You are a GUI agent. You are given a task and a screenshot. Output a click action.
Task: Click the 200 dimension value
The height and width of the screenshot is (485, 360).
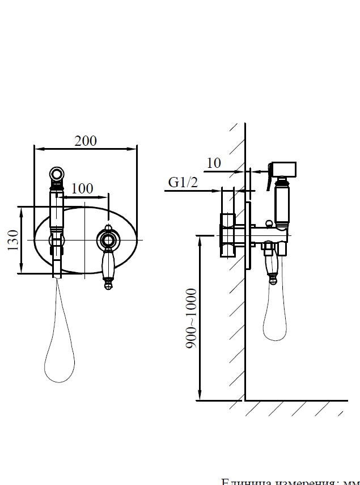coord(86,141)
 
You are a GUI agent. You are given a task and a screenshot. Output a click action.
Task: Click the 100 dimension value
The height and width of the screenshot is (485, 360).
coord(83,188)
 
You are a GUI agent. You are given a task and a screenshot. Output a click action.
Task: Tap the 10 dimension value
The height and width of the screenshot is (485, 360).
coord(213,163)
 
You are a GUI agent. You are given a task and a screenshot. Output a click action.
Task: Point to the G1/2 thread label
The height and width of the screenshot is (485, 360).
coord(183,183)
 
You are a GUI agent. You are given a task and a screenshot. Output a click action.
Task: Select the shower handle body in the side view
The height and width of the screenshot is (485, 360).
coord(282,201)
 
